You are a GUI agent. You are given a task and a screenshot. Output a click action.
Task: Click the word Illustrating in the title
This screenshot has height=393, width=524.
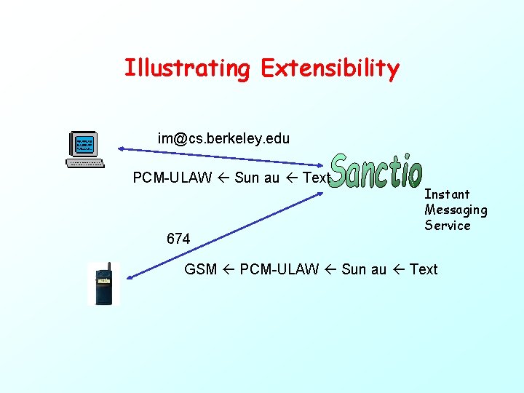point(186,68)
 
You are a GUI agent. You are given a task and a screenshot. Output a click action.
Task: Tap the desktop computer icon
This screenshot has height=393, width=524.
point(84,148)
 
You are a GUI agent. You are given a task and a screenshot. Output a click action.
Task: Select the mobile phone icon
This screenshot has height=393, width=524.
point(103,284)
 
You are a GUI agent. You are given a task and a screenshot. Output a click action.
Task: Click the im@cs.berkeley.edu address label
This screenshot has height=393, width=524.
point(223,138)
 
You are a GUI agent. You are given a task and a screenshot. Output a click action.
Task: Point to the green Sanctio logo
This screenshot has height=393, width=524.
point(376,172)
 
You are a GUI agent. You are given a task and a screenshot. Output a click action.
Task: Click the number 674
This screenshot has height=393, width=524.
point(178,239)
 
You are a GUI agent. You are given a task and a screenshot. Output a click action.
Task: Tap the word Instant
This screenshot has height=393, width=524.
point(447,194)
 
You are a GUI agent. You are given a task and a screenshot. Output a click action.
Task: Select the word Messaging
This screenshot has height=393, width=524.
point(456,210)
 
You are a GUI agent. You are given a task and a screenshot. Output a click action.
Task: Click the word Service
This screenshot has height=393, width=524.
point(448,226)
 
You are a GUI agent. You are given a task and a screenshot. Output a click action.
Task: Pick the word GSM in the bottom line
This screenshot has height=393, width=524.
point(201,269)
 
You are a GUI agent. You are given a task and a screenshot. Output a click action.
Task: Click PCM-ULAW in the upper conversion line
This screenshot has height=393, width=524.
point(172,178)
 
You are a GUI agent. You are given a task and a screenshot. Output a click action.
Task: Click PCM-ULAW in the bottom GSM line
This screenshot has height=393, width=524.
point(279,269)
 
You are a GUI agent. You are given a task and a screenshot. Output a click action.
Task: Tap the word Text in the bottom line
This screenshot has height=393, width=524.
point(424,269)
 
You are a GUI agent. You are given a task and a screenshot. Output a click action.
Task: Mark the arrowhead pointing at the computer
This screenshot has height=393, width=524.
point(123,149)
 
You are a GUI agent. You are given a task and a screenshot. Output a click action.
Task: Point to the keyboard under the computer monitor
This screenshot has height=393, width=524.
point(84,162)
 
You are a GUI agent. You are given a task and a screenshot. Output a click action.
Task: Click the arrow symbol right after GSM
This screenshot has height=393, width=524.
point(229,269)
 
